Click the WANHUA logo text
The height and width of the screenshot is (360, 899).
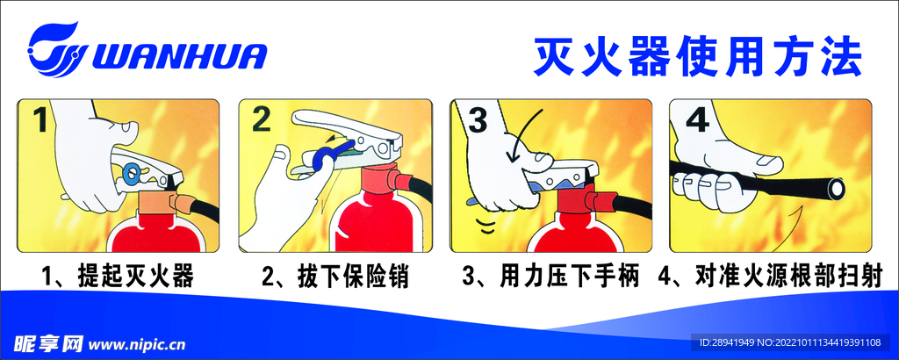178,56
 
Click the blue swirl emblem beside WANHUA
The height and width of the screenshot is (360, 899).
55,49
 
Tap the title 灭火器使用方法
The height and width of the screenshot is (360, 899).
698,57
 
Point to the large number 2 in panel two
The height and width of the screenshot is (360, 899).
261,119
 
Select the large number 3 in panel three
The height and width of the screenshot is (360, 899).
478,121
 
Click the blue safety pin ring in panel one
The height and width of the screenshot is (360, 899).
132,170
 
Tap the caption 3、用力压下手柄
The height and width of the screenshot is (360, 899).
550,277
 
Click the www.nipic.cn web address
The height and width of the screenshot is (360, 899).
138,345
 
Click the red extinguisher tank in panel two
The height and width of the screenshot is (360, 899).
378,220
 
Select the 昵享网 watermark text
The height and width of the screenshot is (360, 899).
49,344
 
